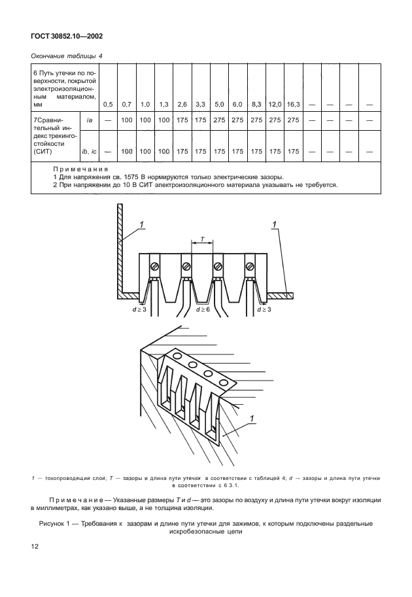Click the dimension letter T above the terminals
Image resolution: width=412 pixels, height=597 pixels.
201,239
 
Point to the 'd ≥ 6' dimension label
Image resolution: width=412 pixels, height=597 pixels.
203,309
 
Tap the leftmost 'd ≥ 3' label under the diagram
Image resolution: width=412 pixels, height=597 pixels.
139,309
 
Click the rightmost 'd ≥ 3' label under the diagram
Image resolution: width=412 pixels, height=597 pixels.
267,309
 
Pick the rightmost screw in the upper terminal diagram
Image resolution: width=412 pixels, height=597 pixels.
250,266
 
